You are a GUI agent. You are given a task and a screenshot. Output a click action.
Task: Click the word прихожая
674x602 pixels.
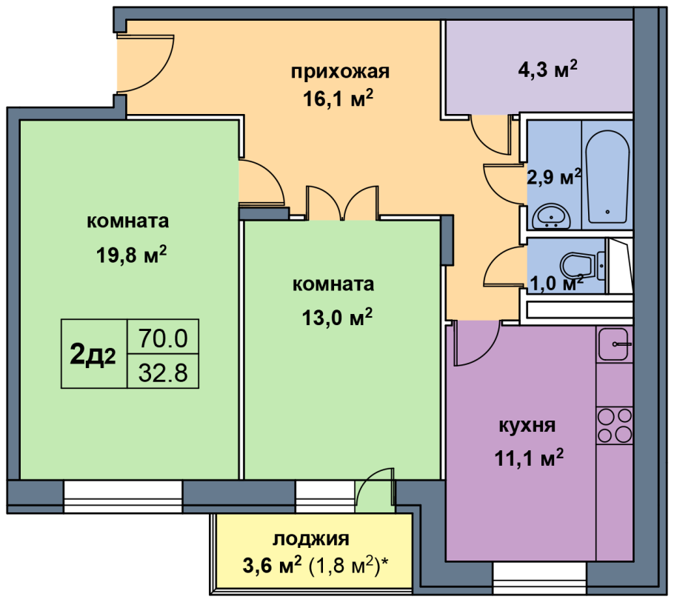[x=340, y=72]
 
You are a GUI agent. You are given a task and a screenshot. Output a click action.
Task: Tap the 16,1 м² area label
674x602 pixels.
[x=338, y=98]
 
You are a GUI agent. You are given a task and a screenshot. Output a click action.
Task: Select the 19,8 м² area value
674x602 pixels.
[x=131, y=255]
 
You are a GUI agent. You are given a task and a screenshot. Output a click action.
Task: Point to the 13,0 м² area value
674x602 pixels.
[x=337, y=318]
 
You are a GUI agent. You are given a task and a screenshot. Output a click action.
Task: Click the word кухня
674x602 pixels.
[x=527, y=425]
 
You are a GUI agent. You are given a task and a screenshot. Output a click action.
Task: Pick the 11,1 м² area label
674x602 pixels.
[x=529, y=458]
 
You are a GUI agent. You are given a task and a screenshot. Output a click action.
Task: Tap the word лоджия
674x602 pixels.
[x=311, y=539]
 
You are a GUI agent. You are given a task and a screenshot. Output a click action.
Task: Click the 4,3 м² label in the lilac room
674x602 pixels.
[x=547, y=69]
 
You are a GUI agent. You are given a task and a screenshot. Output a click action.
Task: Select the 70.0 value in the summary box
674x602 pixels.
[x=163, y=338]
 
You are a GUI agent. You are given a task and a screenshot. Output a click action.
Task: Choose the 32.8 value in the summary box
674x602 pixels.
[x=163, y=372]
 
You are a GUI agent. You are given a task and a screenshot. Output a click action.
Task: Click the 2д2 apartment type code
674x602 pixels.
[x=93, y=355]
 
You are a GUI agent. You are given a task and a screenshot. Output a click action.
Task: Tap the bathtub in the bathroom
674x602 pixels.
[x=607, y=177]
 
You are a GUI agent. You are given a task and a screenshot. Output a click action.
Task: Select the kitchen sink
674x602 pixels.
[x=614, y=344]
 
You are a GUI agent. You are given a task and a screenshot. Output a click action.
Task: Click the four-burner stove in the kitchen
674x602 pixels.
[x=615, y=425]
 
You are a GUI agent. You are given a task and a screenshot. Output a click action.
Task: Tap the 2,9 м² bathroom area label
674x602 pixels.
[x=554, y=177]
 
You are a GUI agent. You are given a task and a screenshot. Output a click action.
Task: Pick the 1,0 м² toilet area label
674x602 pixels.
[x=556, y=283]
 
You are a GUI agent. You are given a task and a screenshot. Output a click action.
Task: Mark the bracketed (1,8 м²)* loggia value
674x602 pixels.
[x=349, y=566]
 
